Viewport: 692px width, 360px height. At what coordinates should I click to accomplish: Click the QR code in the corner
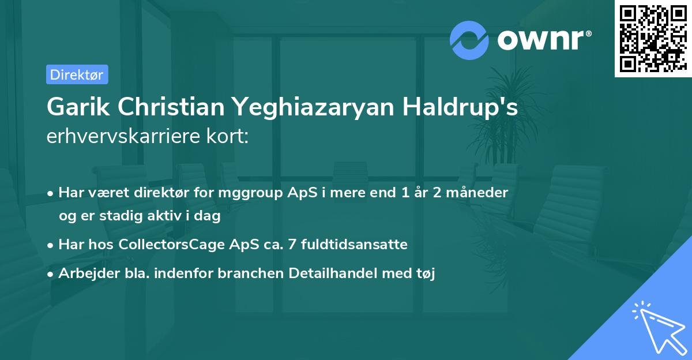653,38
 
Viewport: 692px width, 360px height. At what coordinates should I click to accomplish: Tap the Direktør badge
77,74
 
